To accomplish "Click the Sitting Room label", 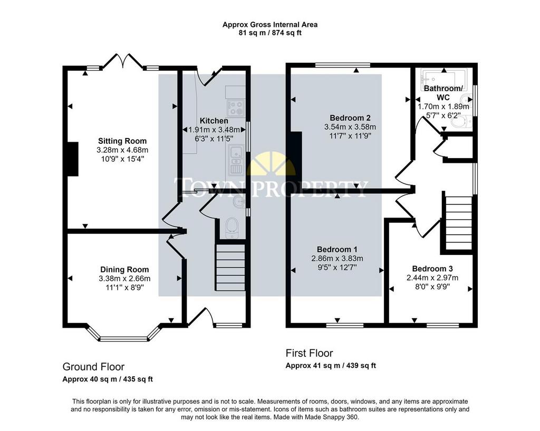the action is coord(122,141).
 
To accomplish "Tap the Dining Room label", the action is coord(124,270).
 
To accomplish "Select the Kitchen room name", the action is coord(214,121).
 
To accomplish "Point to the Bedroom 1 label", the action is coord(337,249).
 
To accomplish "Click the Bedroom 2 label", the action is coord(350,118).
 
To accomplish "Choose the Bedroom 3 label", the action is coord(432,269).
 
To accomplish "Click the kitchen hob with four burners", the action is coord(236,107).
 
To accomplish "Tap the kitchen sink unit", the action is coord(236,160).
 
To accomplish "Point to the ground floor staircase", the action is coord(230,267).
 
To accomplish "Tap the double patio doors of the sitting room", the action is coord(123,61).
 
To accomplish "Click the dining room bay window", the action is coord(123,334).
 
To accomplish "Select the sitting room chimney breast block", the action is coord(73,159).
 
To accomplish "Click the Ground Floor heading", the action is coord(93,367).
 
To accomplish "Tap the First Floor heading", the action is coord(309,353).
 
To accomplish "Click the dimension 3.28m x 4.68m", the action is coord(122,150).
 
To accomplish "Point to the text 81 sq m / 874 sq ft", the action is coord(270,33).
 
